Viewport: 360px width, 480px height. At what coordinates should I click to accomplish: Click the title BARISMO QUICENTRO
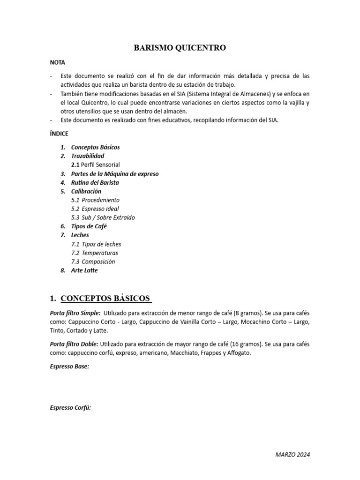click(180, 47)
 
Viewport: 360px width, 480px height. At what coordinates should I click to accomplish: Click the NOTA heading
click(58, 62)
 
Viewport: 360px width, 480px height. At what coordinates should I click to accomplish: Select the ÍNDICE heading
click(59, 134)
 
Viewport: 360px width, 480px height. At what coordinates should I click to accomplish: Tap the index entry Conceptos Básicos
click(95, 147)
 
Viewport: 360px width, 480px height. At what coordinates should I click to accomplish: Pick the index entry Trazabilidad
click(88, 156)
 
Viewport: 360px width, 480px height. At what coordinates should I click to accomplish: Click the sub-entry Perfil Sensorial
click(100, 165)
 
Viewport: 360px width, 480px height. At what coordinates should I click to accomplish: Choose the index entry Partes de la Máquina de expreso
click(115, 173)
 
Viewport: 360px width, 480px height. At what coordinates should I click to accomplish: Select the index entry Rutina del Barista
click(95, 182)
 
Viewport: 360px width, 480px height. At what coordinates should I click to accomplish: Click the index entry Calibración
click(86, 191)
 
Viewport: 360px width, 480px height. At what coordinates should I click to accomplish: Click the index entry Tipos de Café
click(89, 226)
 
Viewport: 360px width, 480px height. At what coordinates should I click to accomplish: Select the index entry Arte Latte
click(84, 270)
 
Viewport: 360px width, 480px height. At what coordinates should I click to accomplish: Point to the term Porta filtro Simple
click(75, 313)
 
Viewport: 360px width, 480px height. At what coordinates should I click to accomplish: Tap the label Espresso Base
click(69, 367)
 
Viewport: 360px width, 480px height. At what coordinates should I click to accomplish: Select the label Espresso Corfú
click(70, 408)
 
